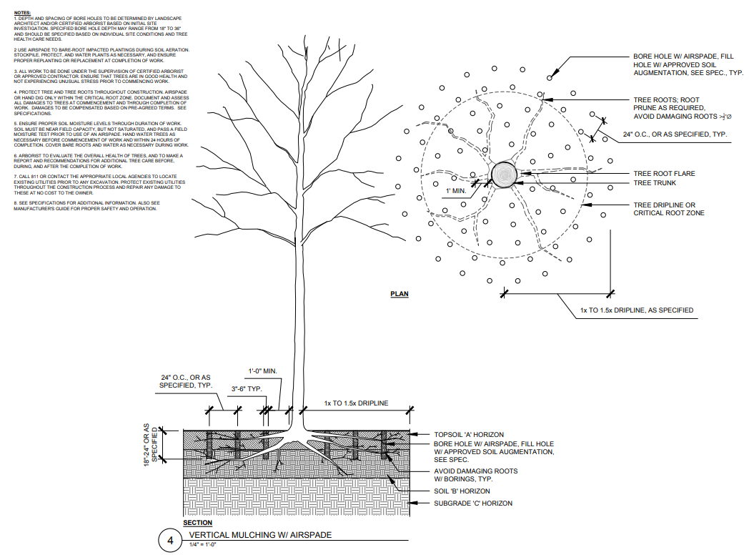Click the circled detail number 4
tap(170, 541)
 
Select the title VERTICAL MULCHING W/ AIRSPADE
tap(260, 535)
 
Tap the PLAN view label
tap(399, 294)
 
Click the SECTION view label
tap(197, 523)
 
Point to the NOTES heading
tap(22, 13)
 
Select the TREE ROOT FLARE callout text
tap(664, 174)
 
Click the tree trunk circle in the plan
tap(505, 174)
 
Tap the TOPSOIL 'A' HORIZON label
tap(468, 435)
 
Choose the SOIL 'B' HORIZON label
tap(462, 491)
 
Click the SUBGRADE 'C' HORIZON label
tap(473, 503)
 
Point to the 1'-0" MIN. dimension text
tap(262, 370)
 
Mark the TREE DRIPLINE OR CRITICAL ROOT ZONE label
tap(669, 209)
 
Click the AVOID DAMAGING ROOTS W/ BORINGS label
tap(475, 475)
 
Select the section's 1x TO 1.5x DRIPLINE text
tap(356, 403)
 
